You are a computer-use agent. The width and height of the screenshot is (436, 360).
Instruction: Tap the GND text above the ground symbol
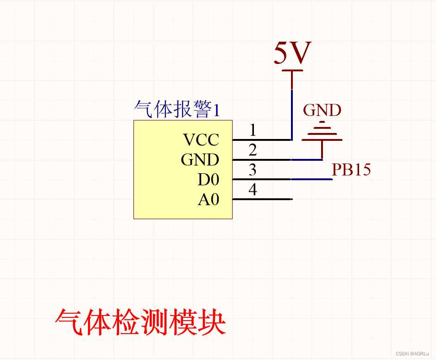pyautogui.click(x=322, y=110)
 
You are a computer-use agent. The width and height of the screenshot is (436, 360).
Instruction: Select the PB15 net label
pyautogui.click(x=351, y=170)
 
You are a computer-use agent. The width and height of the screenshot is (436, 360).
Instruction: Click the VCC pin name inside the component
pyautogui.click(x=201, y=139)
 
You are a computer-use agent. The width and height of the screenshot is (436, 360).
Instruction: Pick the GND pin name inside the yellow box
pyautogui.click(x=200, y=160)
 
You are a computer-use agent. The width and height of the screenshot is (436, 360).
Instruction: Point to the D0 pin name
pyautogui.click(x=208, y=180)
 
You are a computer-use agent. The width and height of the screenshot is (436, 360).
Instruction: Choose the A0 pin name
pyautogui.click(x=209, y=200)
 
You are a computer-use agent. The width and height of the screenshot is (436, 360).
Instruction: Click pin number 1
pyautogui.click(x=253, y=130)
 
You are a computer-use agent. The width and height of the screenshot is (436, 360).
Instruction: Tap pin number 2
pyautogui.click(x=253, y=150)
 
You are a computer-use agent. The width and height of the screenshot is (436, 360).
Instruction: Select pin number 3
pyautogui.click(x=253, y=170)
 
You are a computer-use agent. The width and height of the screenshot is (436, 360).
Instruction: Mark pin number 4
pyautogui.click(x=253, y=190)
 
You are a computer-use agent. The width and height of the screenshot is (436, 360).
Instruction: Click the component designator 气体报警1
pyautogui.click(x=177, y=110)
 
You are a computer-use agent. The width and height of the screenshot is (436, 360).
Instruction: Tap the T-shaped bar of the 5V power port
pyautogui.click(x=292, y=71)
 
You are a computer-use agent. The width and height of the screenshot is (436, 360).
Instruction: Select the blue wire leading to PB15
pyautogui.click(x=312, y=179)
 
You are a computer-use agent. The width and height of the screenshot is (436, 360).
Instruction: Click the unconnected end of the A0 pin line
pyautogui.click(x=291, y=199)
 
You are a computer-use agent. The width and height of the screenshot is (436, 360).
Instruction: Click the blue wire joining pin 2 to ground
pyautogui.click(x=307, y=160)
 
